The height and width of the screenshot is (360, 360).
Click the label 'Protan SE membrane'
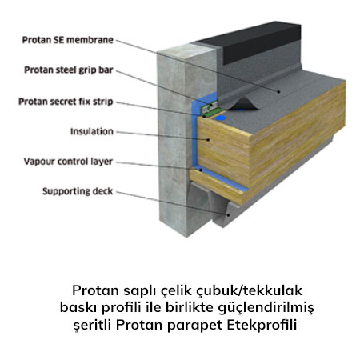[x=67, y=40]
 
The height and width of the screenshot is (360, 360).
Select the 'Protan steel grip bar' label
[x=69, y=70]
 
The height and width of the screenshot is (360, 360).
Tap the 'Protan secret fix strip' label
[x=66, y=102]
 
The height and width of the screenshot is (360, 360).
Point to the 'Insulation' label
[x=92, y=131]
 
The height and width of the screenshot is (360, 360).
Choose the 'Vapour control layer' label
[x=68, y=162]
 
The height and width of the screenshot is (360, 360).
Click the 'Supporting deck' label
[x=78, y=191]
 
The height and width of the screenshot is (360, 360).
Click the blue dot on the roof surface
[x=220, y=118]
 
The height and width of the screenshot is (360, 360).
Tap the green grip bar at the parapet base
[x=210, y=108]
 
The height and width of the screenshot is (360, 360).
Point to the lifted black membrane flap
[x=242, y=103]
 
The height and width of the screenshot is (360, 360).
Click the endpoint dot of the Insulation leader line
[x=208, y=139]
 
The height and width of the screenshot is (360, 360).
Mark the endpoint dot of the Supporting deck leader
[x=228, y=214]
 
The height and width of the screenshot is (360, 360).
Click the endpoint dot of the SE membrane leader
[x=278, y=92]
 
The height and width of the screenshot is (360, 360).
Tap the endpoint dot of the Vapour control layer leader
[x=202, y=169]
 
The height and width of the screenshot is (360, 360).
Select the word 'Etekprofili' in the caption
[x=262, y=325]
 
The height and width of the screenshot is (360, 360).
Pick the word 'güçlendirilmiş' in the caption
[x=266, y=308]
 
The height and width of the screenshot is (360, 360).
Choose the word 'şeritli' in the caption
[x=93, y=326]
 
